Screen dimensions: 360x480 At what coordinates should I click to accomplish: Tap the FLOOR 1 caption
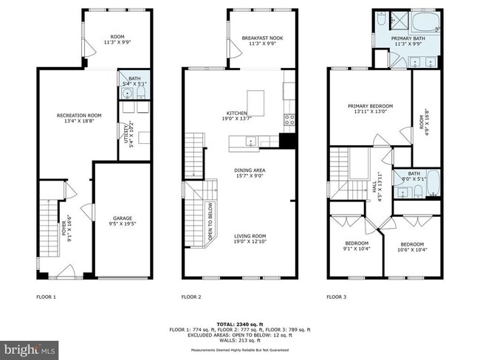46,297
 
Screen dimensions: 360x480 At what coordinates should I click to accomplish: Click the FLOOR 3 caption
335,297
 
